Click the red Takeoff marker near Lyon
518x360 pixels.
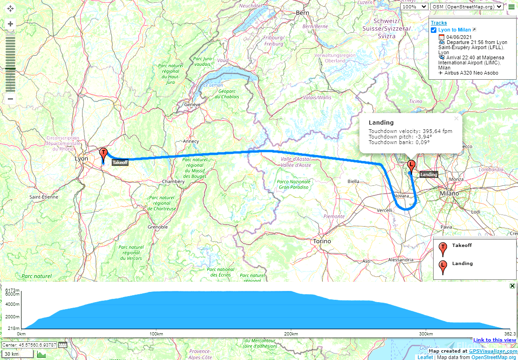[103, 153]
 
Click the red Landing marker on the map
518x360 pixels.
[411, 165]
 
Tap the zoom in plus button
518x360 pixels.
[10, 24]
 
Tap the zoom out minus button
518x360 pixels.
[10, 99]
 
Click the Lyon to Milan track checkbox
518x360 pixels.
[434, 30]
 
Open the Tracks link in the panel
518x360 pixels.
[439, 23]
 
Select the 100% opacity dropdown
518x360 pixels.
[414, 6]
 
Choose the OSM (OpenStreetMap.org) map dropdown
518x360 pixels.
[467, 6]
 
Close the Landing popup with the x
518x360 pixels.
[456, 119]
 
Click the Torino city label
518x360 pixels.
[322, 241]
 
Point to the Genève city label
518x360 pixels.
[192, 105]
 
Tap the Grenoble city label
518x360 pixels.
[157, 227]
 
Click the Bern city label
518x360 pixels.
[302, 13]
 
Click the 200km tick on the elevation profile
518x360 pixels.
[291, 334]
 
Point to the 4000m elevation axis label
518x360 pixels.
[13, 304]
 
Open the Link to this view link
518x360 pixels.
[494, 340]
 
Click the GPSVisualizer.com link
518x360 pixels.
[492, 351]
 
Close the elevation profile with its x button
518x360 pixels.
[512, 286]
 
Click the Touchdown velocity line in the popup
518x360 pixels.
[410, 131]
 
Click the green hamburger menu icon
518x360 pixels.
[512, 6]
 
